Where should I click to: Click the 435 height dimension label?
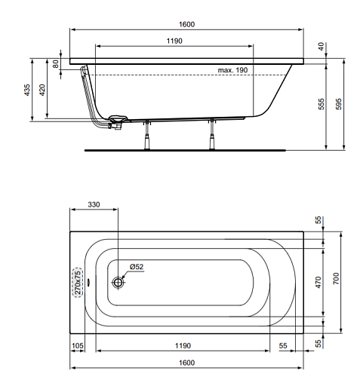[27, 90]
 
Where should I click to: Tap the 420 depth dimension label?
[42, 90]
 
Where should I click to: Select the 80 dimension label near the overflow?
[56, 64]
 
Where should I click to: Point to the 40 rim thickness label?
[322, 46]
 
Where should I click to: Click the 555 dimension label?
[322, 104]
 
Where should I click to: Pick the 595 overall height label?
[339, 104]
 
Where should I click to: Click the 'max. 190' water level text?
[232, 70]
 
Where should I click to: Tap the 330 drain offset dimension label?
[94, 204]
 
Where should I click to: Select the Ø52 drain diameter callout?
[137, 267]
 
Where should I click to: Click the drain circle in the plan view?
[118, 283]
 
